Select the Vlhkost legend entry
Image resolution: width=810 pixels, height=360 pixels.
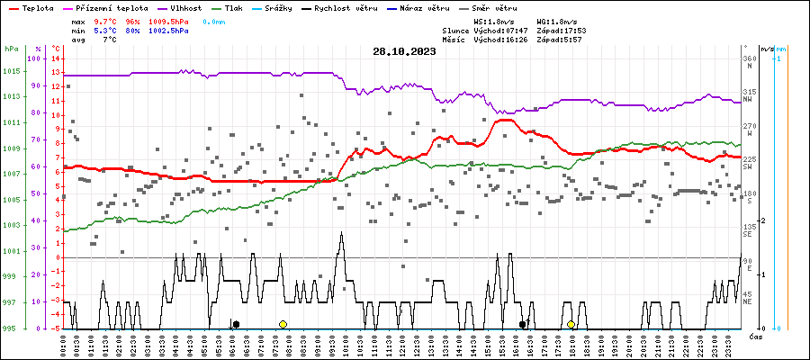click(185, 7)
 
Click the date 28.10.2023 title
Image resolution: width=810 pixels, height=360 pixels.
click(404, 52)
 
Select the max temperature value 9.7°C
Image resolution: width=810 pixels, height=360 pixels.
click(105, 20)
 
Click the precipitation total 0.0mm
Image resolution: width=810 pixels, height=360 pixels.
click(214, 20)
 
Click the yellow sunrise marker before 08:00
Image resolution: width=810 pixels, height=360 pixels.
click(283, 324)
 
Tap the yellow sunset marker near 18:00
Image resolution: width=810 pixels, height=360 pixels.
click(571, 324)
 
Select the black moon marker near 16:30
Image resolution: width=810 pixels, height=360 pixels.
click(522, 324)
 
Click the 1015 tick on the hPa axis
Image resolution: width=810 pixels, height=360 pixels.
click(11, 71)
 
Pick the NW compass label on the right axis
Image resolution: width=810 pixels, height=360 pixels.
click(749, 99)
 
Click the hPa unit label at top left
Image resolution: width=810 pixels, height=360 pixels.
click(11, 48)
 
